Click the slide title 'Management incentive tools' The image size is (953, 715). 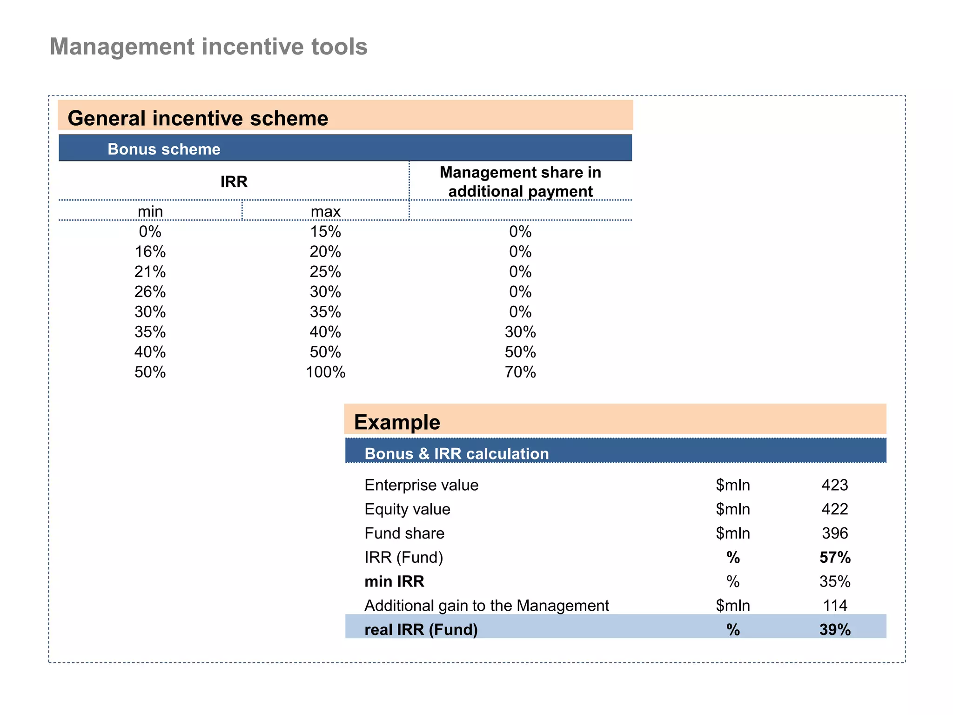[x=208, y=47]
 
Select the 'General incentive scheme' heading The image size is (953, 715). [x=198, y=118]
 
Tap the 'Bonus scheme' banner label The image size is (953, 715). [x=164, y=149]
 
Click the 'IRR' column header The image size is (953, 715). [x=234, y=182]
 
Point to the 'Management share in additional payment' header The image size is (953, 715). [x=520, y=182]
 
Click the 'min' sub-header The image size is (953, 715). [x=150, y=211]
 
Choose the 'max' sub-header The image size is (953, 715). [x=325, y=211]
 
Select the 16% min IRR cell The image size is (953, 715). [x=150, y=252]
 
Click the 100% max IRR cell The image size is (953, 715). [x=325, y=372]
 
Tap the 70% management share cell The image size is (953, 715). [x=520, y=372]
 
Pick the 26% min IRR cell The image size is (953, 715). [x=150, y=292]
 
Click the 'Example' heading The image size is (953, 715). [x=397, y=422]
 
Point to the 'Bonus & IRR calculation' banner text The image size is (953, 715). [x=456, y=453]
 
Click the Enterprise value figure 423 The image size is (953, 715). [x=835, y=485]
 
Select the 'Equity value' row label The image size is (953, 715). [x=407, y=509]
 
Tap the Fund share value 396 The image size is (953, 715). [x=835, y=533]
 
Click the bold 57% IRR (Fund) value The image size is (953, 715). [x=835, y=557]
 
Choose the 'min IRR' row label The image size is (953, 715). [x=394, y=581]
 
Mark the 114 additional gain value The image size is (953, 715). [x=835, y=606]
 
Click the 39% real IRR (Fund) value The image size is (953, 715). [x=835, y=630]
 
